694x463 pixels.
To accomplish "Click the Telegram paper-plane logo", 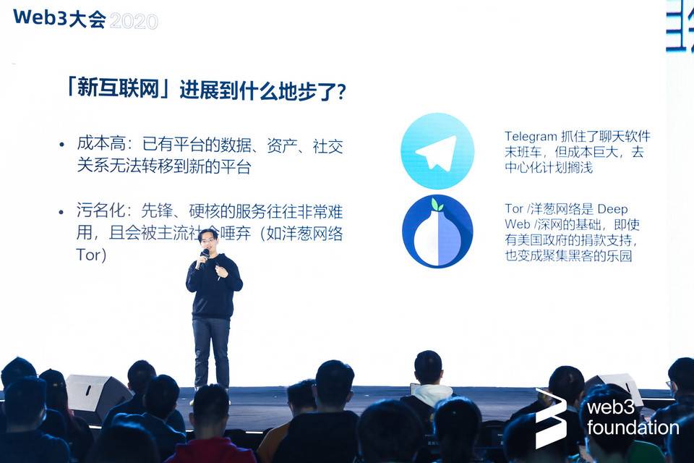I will coord(437,151).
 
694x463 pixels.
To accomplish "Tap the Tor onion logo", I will coord(437,231).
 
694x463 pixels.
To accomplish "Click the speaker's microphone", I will coord(205,255).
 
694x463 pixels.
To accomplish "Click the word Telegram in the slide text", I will coord(530,137).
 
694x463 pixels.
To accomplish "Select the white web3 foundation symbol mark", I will coord(551,418).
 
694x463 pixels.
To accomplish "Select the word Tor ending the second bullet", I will coord(90,255).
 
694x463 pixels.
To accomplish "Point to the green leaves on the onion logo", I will coord(437,205).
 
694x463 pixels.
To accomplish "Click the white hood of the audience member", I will coord(432,394).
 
